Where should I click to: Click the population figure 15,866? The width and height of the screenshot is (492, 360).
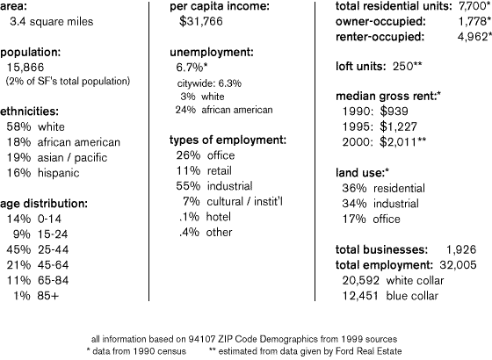click(25, 68)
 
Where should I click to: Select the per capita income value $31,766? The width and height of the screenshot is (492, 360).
click(201, 21)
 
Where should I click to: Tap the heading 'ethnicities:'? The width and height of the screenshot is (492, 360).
click(29, 112)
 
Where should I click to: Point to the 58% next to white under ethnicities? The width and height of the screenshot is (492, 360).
click(18, 126)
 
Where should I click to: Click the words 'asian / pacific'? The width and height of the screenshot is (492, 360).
click(72, 158)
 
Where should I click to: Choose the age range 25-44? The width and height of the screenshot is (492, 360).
click(53, 249)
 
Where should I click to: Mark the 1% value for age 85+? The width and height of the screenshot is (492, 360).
click(22, 296)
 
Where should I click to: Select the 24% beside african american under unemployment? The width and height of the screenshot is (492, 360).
click(185, 110)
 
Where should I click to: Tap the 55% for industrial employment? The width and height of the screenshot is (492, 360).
click(188, 186)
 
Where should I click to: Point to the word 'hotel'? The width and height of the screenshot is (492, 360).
click(219, 217)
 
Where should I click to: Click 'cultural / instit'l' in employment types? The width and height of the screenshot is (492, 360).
click(245, 201)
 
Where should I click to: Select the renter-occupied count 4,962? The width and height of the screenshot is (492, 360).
click(473, 37)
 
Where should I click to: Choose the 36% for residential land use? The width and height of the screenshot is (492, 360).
click(354, 188)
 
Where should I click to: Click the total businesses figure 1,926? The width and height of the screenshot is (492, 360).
click(461, 249)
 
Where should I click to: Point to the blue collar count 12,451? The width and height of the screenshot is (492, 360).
click(360, 296)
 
